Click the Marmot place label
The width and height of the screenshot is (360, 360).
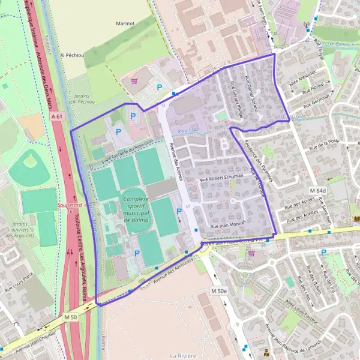[x=125, y=23]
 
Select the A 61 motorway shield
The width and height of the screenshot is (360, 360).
[x=57, y=115]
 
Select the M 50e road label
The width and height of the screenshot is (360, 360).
[x=219, y=290]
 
